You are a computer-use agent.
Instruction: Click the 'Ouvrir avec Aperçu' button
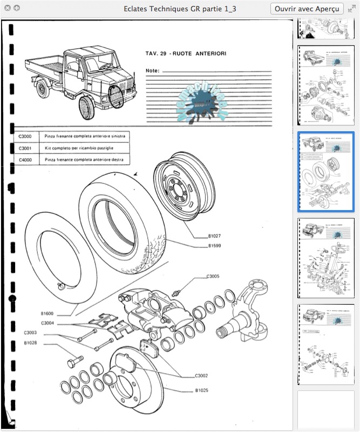coord(307,9)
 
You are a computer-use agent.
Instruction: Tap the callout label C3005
coord(213,276)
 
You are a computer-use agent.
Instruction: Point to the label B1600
coord(47,313)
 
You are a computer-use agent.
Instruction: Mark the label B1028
coord(30,342)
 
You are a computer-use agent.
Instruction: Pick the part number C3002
coord(202,375)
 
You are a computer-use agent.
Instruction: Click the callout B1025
coord(202,389)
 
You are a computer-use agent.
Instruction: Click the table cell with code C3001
coord(25,147)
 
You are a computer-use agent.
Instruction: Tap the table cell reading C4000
coord(25,160)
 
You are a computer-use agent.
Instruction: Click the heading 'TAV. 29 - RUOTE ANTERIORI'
coord(186,53)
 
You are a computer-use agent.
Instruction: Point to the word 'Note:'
coord(153,71)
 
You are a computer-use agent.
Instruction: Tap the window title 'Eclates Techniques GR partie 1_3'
coord(180,9)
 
